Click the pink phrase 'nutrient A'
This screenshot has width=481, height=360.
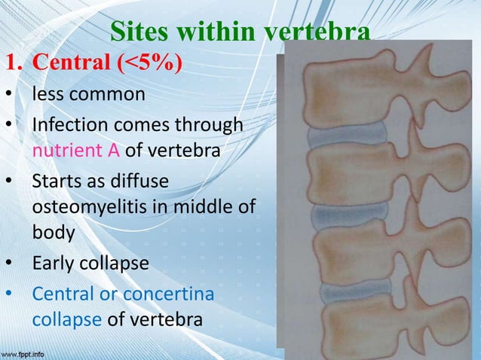[x=76, y=151]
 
